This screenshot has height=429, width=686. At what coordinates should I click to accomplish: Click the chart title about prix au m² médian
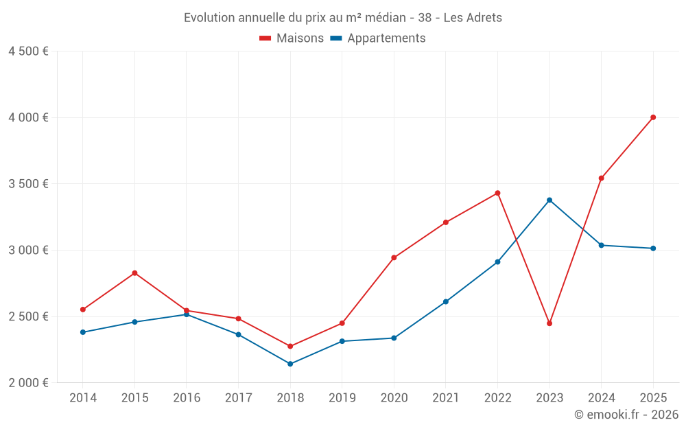tap(342, 18)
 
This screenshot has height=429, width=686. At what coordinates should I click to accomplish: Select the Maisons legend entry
tap(292, 38)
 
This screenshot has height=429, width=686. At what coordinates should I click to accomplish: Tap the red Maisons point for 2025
tap(653, 117)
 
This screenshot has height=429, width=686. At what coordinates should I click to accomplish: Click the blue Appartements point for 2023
tap(549, 200)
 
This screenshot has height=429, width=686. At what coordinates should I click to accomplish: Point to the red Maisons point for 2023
tap(549, 323)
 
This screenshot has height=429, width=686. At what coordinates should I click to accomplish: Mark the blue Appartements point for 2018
tap(290, 364)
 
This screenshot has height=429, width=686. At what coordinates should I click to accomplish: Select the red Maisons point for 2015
tap(134, 273)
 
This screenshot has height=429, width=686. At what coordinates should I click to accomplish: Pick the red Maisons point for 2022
tap(497, 193)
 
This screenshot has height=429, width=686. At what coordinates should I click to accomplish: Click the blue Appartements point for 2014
tap(83, 332)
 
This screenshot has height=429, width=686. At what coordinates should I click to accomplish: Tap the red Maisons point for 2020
tap(394, 257)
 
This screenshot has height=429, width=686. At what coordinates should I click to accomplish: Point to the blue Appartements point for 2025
tap(653, 248)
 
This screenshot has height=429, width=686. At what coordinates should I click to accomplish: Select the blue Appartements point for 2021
tap(446, 301)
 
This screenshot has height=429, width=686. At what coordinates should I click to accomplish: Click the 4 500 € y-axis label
tap(28, 51)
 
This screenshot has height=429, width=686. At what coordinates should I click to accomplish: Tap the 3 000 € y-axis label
tap(28, 250)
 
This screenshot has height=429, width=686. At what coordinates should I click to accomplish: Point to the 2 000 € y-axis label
tap(28, 382)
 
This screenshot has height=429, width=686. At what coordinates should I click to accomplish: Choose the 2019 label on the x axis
tap(342, 398)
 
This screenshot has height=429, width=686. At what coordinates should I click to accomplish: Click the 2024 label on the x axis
tap(601, 398)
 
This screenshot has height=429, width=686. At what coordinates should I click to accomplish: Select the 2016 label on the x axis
tap(187, 398)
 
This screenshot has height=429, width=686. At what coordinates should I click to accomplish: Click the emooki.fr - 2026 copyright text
tap(626, 415)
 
